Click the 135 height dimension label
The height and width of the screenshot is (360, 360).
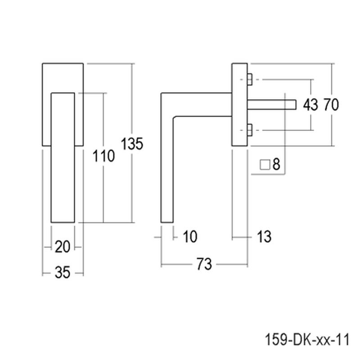(x=132, y=144)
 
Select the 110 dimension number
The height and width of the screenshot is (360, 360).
(x=103, y=156)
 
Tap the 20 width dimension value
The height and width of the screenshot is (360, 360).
(x=63, y=247)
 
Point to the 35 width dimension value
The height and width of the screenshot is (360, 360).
(x=63, y=273)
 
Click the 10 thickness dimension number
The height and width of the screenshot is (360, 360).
(x=190, y=237)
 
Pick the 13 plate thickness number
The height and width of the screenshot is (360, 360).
(x=264, y=237)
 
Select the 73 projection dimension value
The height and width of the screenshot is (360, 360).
(x=204, y=264)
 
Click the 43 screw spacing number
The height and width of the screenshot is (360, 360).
(x=310, y=105)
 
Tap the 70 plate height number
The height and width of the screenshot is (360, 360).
(x=331, y=105)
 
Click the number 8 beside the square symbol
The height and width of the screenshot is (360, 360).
(x=276, y=164)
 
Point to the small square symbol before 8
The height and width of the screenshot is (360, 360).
(x=265, y=165)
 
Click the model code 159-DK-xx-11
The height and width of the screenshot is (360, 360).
(x=307, y=339)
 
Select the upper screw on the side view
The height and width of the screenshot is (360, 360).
(x=250, y=80)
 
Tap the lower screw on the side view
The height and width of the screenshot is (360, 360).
(x=250, y=130)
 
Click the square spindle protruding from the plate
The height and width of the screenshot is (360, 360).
(x=272, y=105)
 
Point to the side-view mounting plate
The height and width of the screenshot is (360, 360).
(x=239, y=104)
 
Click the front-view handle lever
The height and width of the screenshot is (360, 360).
(x=63, y=158)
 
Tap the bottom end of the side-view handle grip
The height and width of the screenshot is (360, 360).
(x=166, y=222)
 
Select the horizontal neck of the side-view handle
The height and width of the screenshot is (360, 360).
(x=202, y=104)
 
